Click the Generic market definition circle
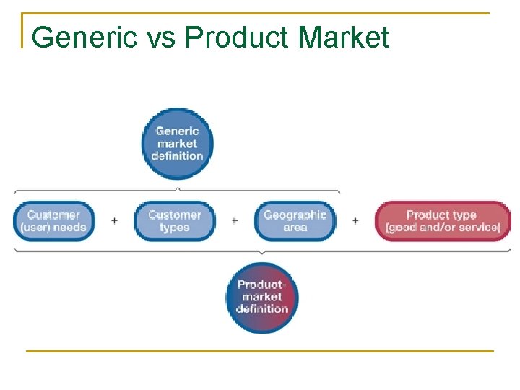(x=177, y=143)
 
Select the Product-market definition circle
(x=261, y=297)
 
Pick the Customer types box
(x=174, y=221)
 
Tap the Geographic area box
(x=295, y=221)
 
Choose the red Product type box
(x=442, y=221)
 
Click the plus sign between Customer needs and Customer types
(x=114, y=221)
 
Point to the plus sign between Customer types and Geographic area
(x=235, y=221)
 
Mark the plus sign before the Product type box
(x=355, y=221)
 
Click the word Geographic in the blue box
(x=295, y=214)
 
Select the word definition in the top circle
(x=177, y=156)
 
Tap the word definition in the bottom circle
(x=261, y=310)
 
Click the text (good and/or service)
(x=442, y=227)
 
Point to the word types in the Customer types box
(x=174, y=227)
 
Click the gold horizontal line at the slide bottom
(x=260, y=351)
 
